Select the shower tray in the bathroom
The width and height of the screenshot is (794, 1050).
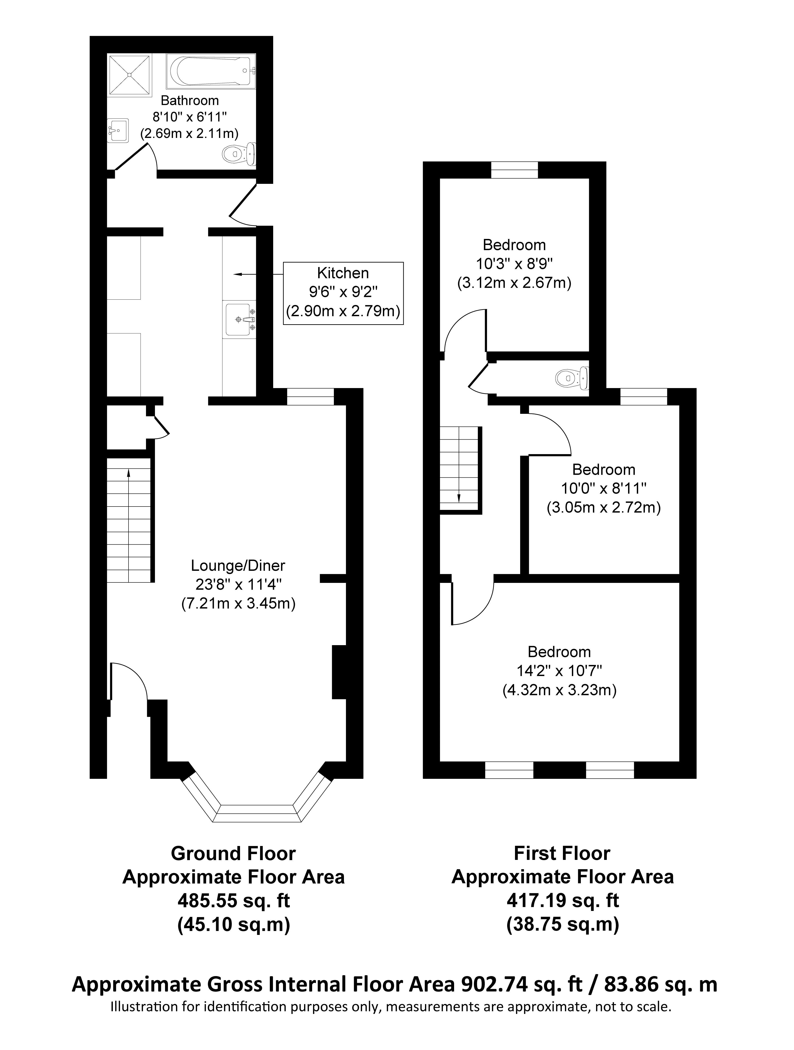point(130,75)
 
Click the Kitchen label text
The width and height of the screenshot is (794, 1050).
point(343,273)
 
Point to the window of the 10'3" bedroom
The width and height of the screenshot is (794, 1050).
point(515,170)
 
